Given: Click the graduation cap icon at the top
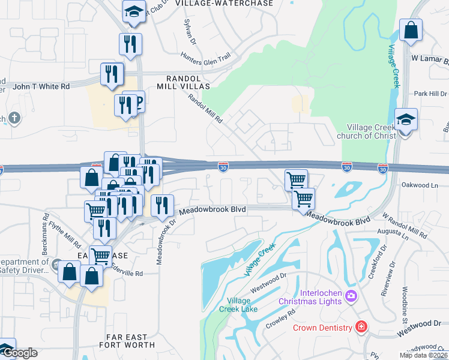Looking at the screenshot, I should pos(134,11).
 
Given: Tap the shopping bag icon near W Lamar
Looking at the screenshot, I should pos(411,31).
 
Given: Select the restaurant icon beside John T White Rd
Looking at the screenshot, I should pos(112,74).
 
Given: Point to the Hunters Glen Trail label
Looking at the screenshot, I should pos(206,56).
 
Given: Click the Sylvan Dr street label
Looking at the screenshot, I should pos(189,29).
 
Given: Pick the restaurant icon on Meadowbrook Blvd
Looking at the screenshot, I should pos(161,206).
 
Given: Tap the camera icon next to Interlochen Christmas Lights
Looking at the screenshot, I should pos(351,296).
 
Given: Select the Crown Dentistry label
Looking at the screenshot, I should pos(322,328).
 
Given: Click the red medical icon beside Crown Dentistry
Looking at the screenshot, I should pos(361,328).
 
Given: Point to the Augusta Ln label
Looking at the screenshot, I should pos(393,231).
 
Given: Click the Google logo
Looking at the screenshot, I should pos(20,353).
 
